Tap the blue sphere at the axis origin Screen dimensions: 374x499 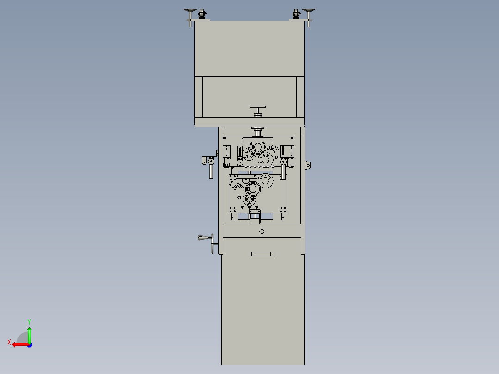point(29,344)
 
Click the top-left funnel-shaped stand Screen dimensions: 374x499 point(190,11)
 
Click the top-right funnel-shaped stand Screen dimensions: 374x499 point(309,11)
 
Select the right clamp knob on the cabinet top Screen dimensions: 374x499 point(297,14)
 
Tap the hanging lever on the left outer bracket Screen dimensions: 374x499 point(212,171)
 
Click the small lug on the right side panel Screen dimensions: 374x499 point(308,165)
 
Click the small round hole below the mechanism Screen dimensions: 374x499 point(262,231)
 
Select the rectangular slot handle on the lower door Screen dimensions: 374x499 point(263,254)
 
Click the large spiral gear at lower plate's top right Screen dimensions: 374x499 point(266,180)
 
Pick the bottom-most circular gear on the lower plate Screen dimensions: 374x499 point(249,199)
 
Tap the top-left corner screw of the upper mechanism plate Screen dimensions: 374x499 point(225,137)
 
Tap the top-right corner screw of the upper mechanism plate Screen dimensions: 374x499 point(292,137)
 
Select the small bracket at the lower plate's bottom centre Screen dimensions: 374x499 point(255,214)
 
